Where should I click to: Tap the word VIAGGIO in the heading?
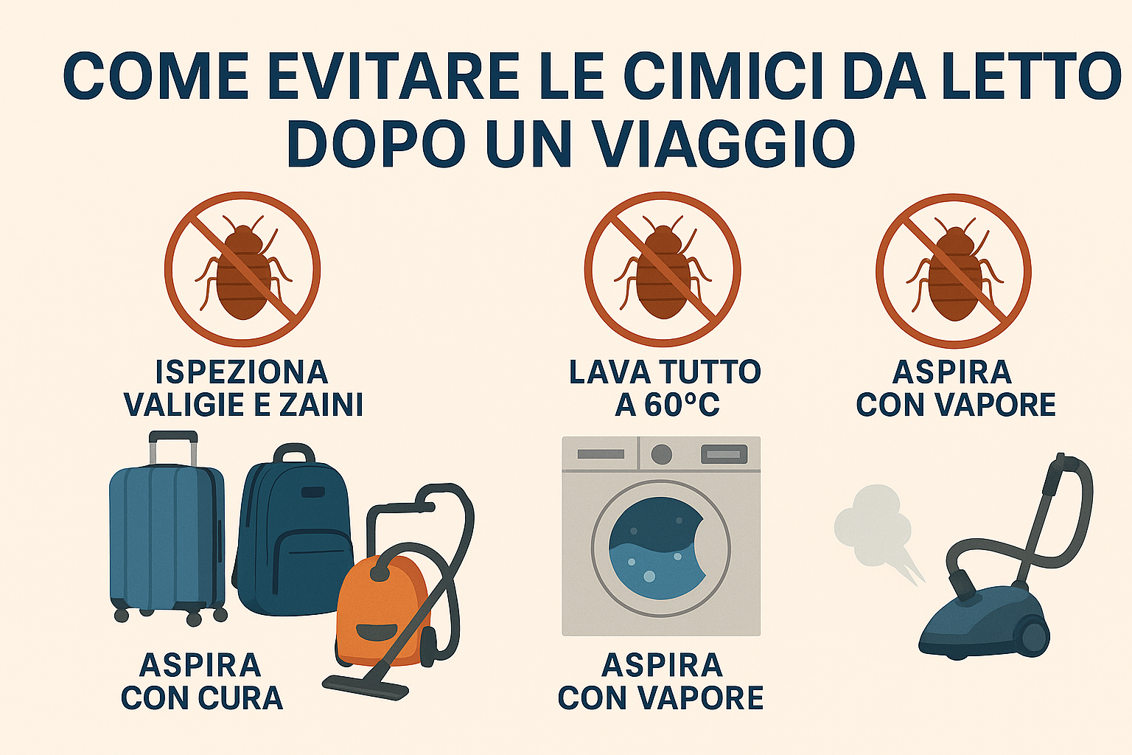(x=671, y=143)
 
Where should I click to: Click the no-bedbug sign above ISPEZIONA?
(x=242, y=269)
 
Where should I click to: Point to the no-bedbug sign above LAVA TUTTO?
(x=663, y=269)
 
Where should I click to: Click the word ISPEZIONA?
(x=242, y=372)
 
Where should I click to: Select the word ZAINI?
(x=321, y=405)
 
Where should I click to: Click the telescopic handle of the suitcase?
(x=173, y=448)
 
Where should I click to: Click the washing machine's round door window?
(x=661, y=549)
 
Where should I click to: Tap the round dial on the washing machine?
(x=662, y=454)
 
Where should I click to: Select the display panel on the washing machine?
(x=724, y=454)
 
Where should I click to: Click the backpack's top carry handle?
(x=294, y=453)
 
